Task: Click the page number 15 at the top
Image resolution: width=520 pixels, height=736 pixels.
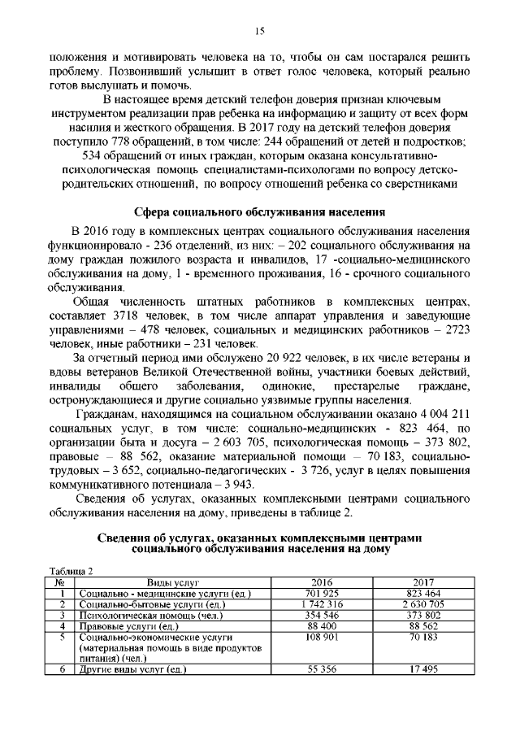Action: point(260,31)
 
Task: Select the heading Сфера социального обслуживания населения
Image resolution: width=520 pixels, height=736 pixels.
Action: point(260,212)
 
